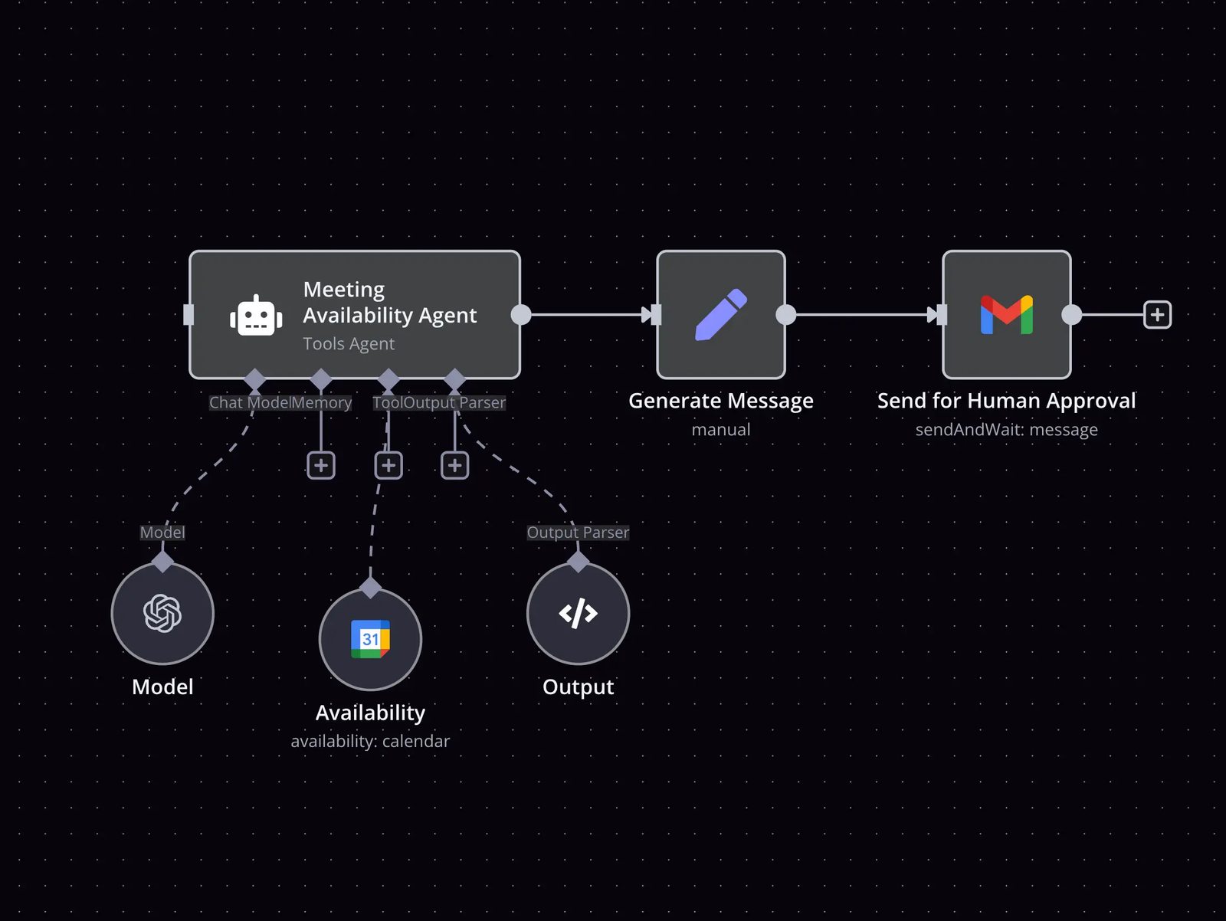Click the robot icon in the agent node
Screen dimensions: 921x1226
pyautogui.click(x=256, y=315)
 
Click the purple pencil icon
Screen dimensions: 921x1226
pyautogui.click(x=721, y=314)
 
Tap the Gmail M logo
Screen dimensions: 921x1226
pyautogui.click(x=1007, y=314)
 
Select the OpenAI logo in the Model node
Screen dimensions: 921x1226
pyautogui.click(x=162, y=613)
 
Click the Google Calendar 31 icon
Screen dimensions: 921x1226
pyautogui.click(x=370, y=639)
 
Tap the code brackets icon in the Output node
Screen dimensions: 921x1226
pyautogui.click(x=578, y=613)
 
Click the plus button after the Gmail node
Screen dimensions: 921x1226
pyautogui.click(x=1157, y=314)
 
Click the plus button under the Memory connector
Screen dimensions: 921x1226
pyautogui.click(x=321, y=465)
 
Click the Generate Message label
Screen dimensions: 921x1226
pyautogui.click(x=720, y=401)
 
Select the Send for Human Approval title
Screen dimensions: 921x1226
pyautogui.click(x=1006, y=401)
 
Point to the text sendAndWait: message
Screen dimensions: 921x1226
pyautogui.click(x=1006, y=430)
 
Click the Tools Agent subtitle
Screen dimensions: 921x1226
pyautogui.click(x=349, y=344)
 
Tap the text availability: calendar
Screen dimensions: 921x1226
pyautogui.click(x=370, y=742)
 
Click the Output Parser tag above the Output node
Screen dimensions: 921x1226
pyautogui.click(x=578, y=533)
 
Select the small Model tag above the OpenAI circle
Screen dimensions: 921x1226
pyautogui.click(x=162, y=533)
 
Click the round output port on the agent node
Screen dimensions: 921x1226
pyautogui.click(x=521, y=314)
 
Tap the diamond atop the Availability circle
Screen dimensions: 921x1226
pyautogui.click(x=370, y=588)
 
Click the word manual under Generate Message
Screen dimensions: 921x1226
pyautogui.click(x=720, y=430)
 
